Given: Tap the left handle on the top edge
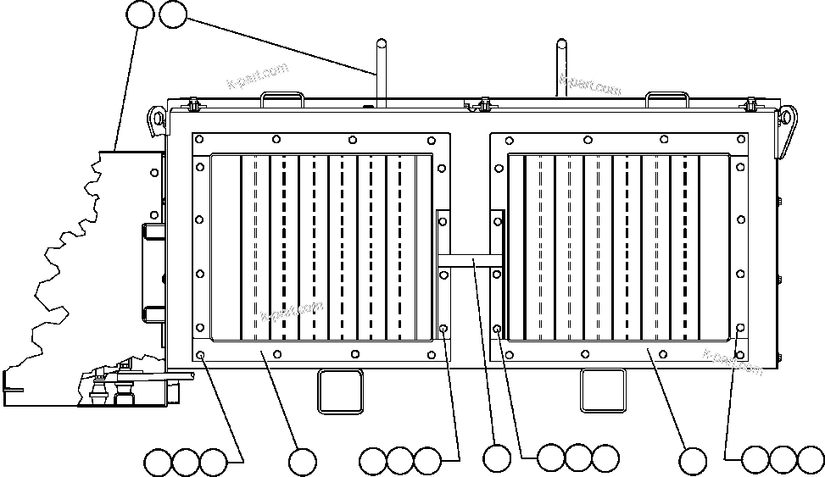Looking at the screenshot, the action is tap(282, 98).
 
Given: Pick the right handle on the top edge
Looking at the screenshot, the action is tap(666, 98).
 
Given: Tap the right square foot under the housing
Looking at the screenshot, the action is tap(602, 391).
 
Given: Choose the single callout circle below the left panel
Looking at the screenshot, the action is tap(303, 462).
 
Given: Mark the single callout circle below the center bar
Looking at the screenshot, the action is tap(497, 458).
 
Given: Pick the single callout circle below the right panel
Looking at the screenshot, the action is tap(693, 462).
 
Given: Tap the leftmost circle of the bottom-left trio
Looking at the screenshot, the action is tap(158, 463).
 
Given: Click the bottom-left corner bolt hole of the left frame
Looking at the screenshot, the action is tap(200, 355).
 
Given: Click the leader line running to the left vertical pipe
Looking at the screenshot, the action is tap(280, 46).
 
